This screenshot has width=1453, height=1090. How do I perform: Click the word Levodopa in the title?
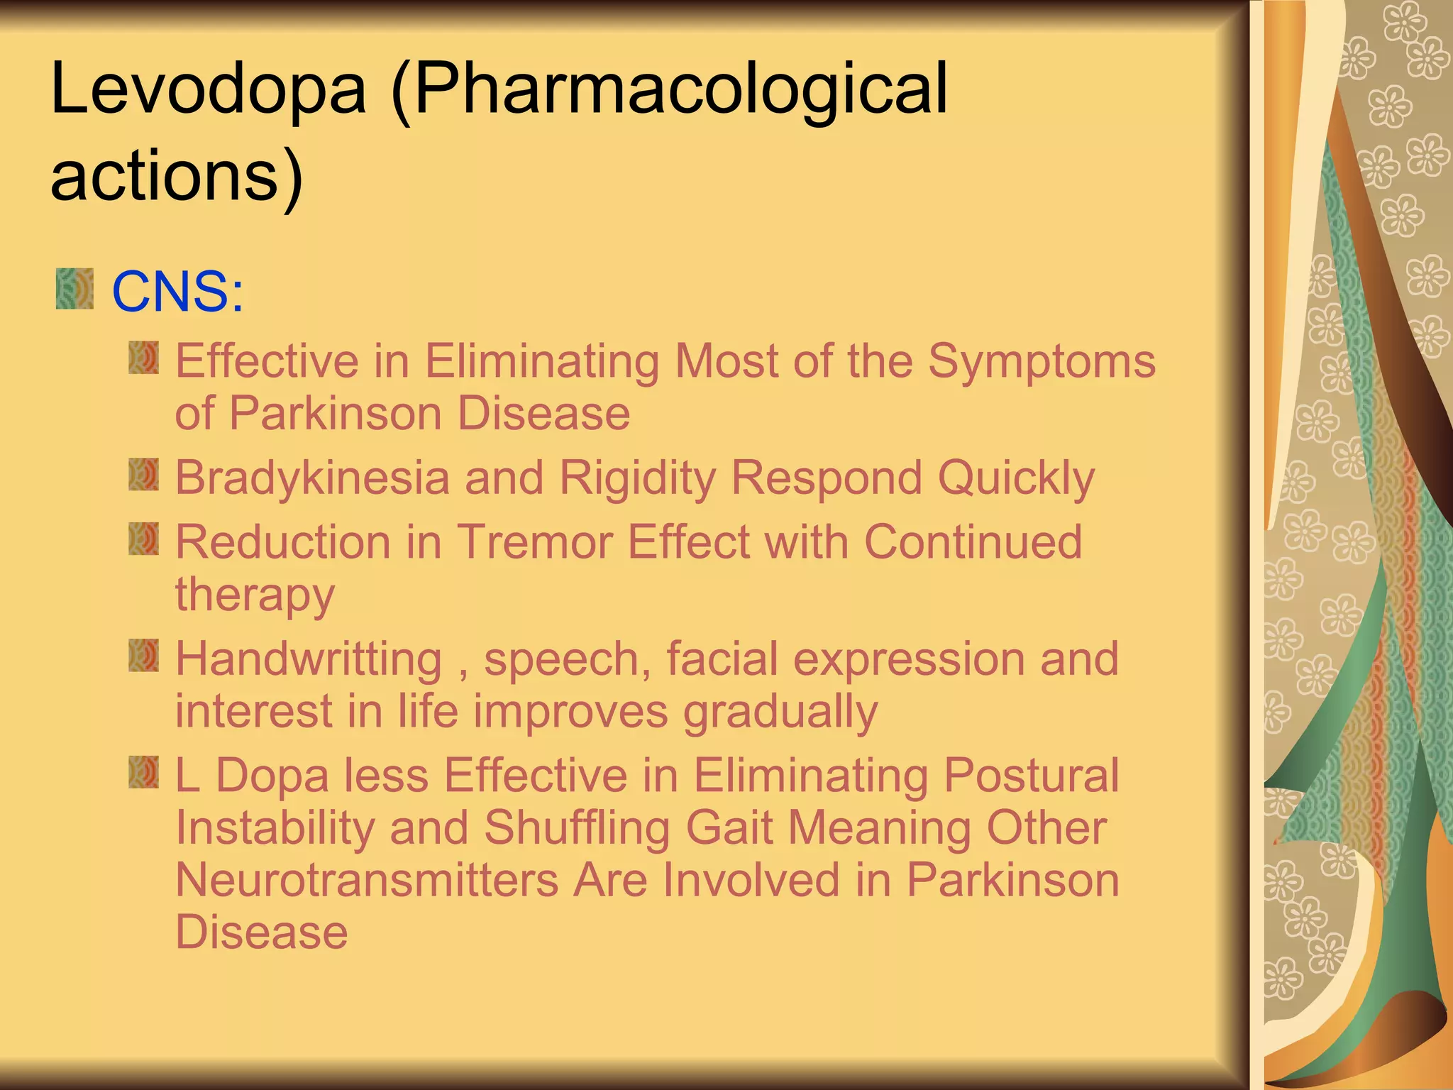(209, 89)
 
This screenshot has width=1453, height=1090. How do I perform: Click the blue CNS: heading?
(178, 292)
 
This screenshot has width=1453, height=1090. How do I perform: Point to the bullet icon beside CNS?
(74, 289)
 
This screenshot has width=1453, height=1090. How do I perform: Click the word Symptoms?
(1042, 361)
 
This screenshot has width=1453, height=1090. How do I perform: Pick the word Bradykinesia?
(312, 478)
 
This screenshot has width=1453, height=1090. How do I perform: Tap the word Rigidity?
(638, 479)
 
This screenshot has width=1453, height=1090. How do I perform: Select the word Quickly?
(1016, 479)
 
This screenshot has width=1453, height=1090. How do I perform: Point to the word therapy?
(255, 595)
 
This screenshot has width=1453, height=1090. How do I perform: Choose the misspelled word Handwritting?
(309, 659)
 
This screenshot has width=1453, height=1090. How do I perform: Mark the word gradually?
(780, 712)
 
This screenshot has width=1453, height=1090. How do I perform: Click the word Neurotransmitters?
(368, 880)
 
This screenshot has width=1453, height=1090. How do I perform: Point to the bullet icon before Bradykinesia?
(144, 475)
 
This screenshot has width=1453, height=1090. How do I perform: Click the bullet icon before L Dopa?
(144, 772)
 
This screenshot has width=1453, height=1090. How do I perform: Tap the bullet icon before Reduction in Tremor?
(144, 539)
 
